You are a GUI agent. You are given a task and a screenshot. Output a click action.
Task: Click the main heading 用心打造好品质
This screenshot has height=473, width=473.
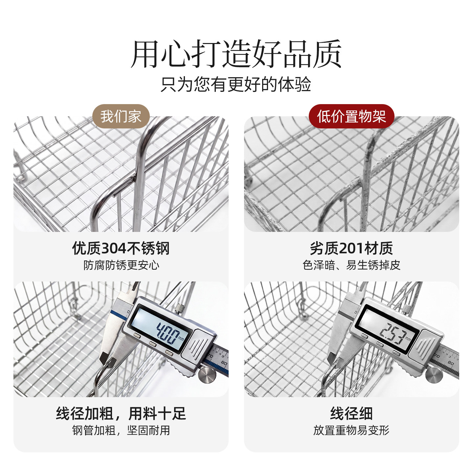(x=236, y=54)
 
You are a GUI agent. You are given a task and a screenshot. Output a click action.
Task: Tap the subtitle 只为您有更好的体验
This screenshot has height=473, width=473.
(x=236, y=84)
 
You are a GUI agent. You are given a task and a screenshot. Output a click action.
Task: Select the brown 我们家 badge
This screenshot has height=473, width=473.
(x=121, y=116)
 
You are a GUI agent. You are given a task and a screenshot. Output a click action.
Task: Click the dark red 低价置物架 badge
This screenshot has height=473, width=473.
(x=351, y=116)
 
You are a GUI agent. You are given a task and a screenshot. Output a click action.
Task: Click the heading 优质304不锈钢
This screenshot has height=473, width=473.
(x=121, y=248)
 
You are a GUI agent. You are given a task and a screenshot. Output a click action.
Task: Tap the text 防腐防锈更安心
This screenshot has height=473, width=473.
(x=121, y=265)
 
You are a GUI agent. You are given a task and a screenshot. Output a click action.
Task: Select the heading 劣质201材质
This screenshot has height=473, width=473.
(x=351, y=248)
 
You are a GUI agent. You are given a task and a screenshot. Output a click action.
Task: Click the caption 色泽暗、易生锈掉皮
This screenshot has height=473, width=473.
(x=351, y=265)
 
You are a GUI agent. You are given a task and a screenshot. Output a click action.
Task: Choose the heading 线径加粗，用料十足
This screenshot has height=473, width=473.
(x=121, y=414)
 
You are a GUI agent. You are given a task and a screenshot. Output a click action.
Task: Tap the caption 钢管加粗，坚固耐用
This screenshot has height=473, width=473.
(x=121, y=431)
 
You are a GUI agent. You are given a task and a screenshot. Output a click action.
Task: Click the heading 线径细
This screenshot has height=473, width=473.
(x=351, y=414)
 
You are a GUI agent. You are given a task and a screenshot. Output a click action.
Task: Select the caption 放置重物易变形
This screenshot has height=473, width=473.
(x=351, y=431)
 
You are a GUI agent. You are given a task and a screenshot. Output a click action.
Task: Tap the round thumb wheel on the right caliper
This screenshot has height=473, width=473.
(x=434, y=375)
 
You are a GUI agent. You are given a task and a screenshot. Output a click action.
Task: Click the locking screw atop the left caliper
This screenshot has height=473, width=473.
(x=180, y=308)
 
